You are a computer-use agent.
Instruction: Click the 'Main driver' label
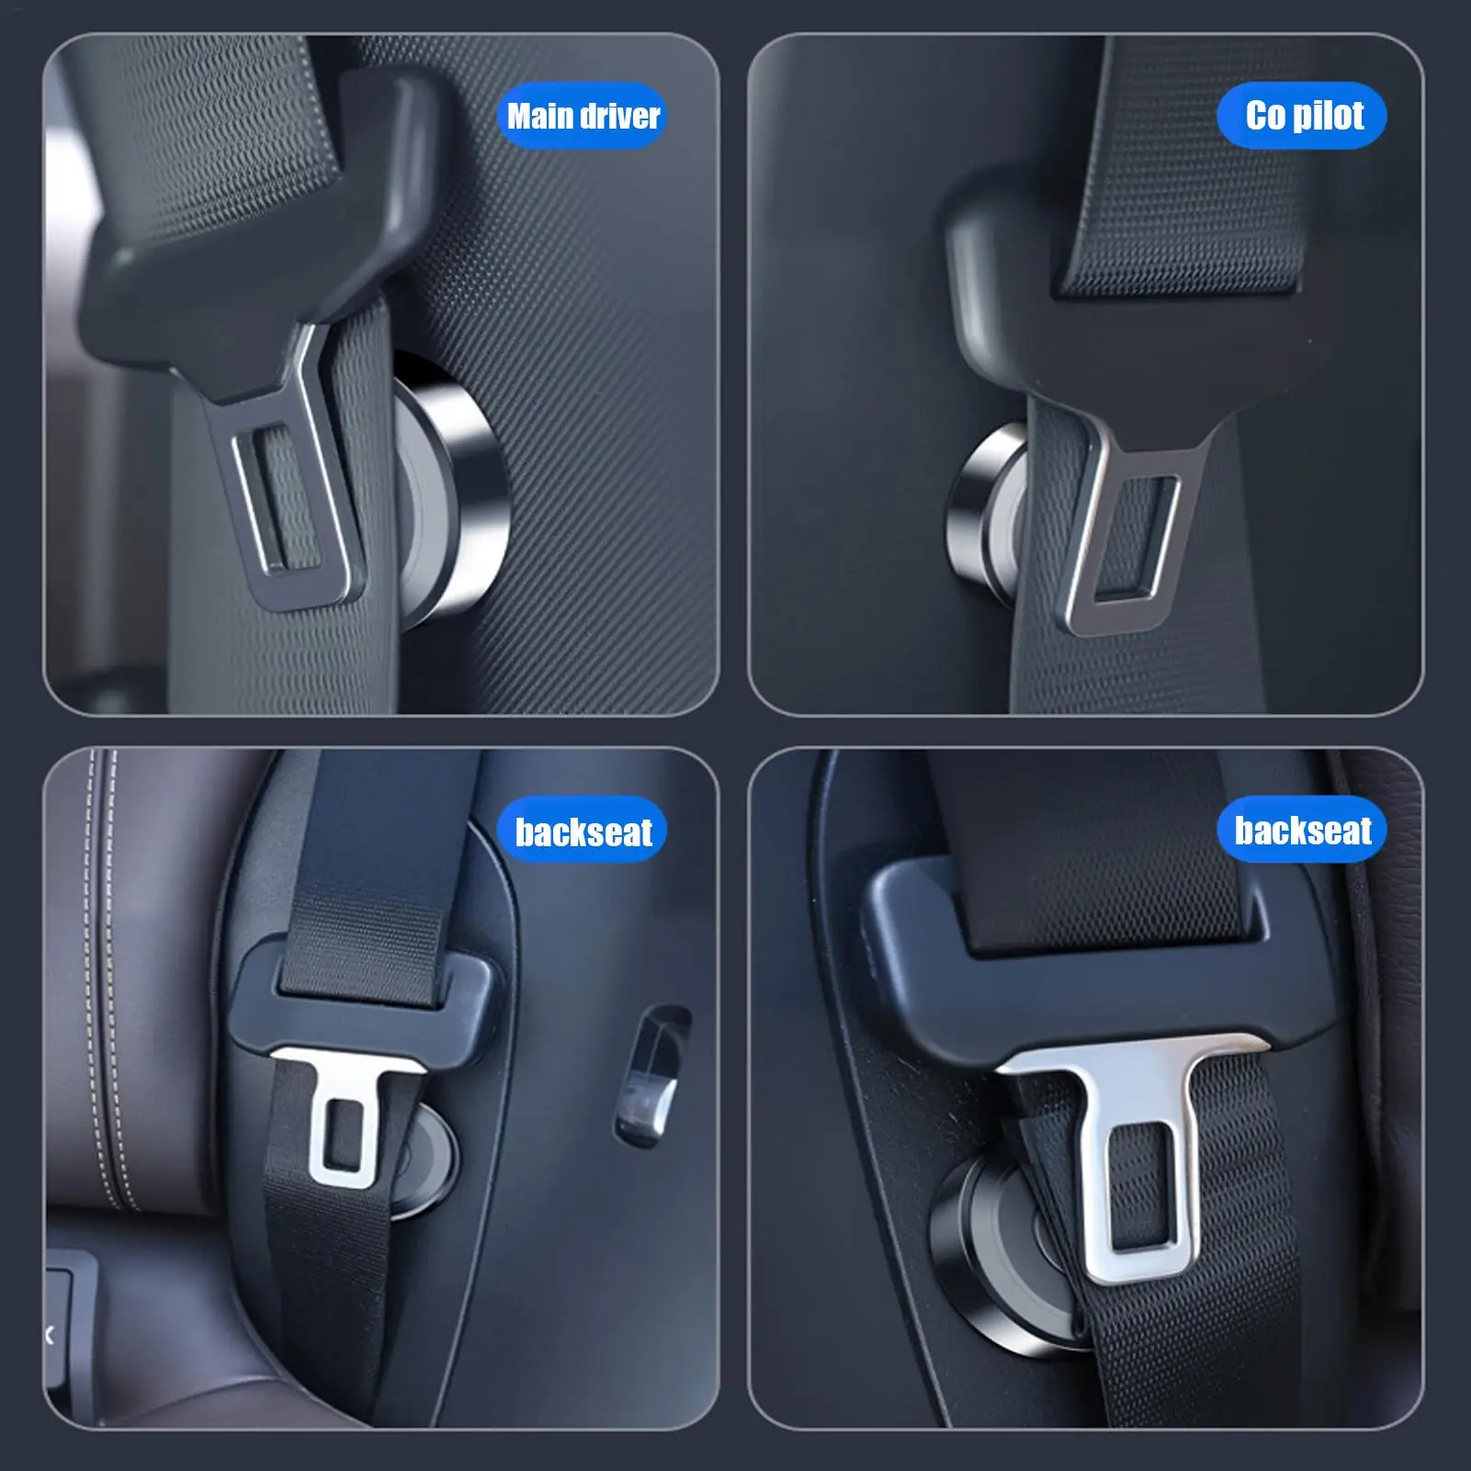[x=583, y=116]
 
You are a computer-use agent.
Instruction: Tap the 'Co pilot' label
[x=1303, y=116]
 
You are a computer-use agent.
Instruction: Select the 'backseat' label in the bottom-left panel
[x=583, y=831]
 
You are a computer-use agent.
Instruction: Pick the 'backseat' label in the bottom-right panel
[x=1302, y=830]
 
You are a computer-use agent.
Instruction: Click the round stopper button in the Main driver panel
[x=455, y=487]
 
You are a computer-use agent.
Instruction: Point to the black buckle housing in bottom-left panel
[x=368, y=1020]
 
